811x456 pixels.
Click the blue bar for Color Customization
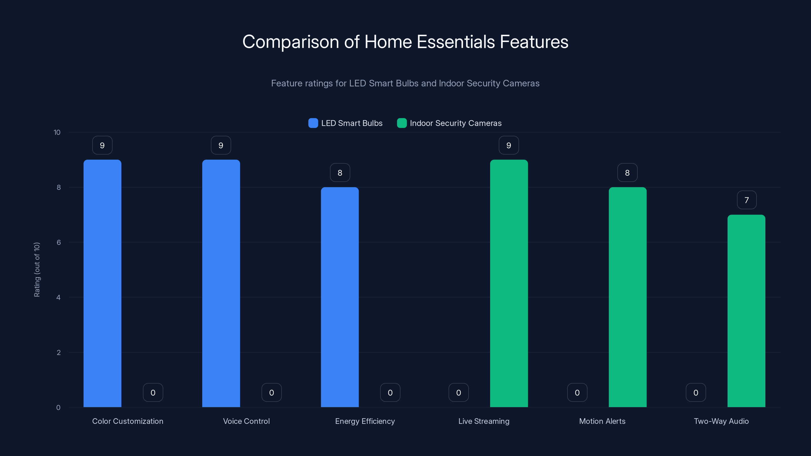tap(102, 283)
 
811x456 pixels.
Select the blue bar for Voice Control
tap(221, 283)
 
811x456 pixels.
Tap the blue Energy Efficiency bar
tap(340, 297)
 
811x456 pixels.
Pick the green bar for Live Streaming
tap(509, 283)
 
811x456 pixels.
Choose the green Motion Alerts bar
tap(628, 297)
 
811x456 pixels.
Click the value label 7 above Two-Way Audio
tap(746, 200)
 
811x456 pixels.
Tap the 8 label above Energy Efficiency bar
tap(340, 173)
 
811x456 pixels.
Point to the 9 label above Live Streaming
tap(509, 145)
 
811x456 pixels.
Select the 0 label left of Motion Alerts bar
tap(577, 393)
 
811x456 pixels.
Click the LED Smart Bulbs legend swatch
tap(313, 123)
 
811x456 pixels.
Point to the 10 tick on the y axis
tap(57, 132)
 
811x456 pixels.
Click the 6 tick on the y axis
tap(59, 242)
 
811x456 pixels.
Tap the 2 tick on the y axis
tap(59, 352)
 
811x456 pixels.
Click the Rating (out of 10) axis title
tap(37, 270)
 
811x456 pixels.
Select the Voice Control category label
tap(246, 421)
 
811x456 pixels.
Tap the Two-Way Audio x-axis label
tap(721, 421)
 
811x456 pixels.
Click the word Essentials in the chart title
tap(456, 42)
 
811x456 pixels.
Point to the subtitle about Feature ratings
tap(405, 83)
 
